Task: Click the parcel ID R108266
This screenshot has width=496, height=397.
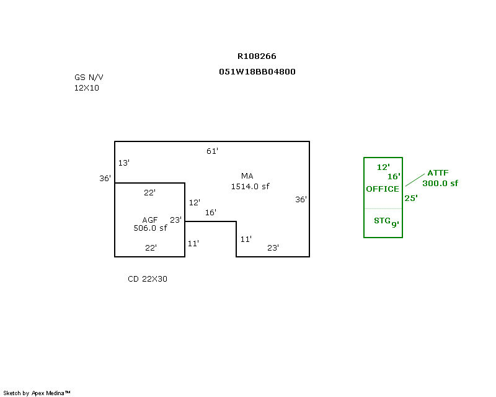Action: [x=257, y=56]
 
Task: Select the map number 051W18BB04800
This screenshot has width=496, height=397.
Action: [x=257, y=71]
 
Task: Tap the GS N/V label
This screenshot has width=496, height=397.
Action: [x=89, y=78]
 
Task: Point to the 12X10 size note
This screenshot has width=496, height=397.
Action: [x=86, y=88]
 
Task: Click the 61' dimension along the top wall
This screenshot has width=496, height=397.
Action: [x=213, y=151]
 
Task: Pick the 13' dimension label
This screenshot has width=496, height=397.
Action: [x=124, y=163]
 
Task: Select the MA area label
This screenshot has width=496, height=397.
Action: [x=247, y=176]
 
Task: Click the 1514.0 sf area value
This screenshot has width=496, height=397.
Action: [x=250, y=186]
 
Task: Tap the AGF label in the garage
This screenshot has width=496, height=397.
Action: [x=150, y=220]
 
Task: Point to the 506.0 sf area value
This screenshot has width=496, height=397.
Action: [x=150, y=228]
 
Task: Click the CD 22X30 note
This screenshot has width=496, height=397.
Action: [x=148, y=279]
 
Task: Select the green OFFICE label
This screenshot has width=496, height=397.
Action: [x=383, y=189]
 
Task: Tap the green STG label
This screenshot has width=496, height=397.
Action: [x=381, y=221]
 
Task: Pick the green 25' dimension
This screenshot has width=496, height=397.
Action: [x=411, y=198]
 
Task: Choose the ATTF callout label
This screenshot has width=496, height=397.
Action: [x=438, y=173]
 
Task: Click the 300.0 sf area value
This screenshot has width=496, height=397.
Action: [x=440, y=183]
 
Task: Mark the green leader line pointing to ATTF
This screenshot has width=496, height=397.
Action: [x=415, y=179]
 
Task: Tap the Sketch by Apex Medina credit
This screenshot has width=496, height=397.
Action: [x=37, y=393]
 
